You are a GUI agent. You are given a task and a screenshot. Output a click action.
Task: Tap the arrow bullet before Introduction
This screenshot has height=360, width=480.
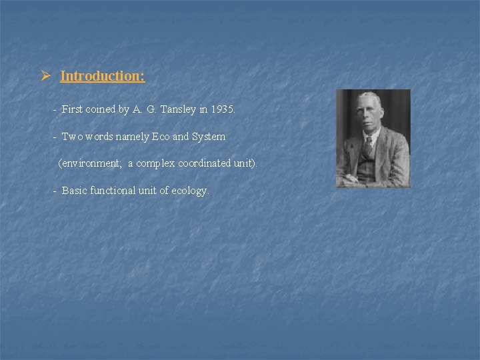click(x=45, y=75)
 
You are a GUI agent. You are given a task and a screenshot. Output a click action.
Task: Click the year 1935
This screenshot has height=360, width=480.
click(x=222, y=109)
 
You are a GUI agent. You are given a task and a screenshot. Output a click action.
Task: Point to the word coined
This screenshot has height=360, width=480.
click(x=101, y=109)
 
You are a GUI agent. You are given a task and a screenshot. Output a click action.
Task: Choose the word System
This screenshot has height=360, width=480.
click(x=209, y=137)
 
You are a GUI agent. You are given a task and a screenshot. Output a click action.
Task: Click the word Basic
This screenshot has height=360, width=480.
click(x=74, y=191)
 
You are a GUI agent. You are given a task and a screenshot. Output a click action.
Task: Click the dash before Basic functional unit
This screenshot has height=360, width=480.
click(x=55, y=191)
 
